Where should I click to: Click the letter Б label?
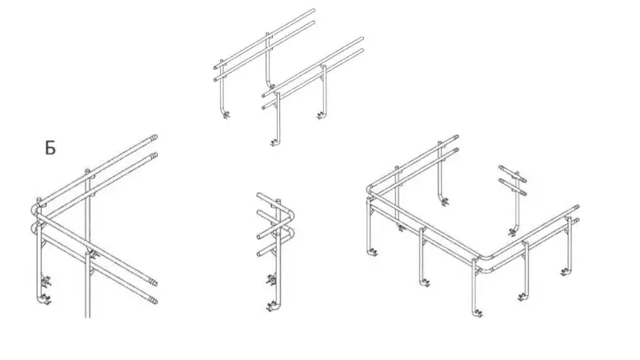pyautogui.click(x=50, y=148)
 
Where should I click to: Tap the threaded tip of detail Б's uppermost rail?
pyautogui.click(x=154, y=137)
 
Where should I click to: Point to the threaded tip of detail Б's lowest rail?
pyautogui.click(x=154, y=302)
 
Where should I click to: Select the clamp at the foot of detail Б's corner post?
pyautogui.click(x=46, y=301)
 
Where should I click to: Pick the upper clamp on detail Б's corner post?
pyautogui.click(x=46, y=281)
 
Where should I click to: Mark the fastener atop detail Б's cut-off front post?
pyautogui.click(x=94, y=256)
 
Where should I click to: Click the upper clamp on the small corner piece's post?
pyautogui.click(x=271, y=280)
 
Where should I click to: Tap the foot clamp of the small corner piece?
pyautogui.click(x=271, y=306)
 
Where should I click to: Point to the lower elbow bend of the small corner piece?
pyautogui.click(x=290, y=234)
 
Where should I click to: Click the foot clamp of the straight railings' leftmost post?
pyautogui.click(x=226, y=115)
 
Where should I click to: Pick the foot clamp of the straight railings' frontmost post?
pyautogui.click(x=274, y=142)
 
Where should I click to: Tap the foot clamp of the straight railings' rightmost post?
pyautogui.click(x=322, y=116)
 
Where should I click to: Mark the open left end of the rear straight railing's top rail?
pyautogui.click(x=214, y=67)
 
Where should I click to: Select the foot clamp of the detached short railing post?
pyautogui.click(x=512, y=233)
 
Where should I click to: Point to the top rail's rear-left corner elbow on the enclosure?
pyautogui.click(x=370, y=189)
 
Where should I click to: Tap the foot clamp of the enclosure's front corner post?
pyautogui.click(x=478, y=313)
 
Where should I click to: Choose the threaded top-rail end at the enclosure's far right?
pyautogui.click(x=576, y=208)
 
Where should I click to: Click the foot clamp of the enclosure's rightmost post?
pyautogui.click(x=565, y=271)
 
